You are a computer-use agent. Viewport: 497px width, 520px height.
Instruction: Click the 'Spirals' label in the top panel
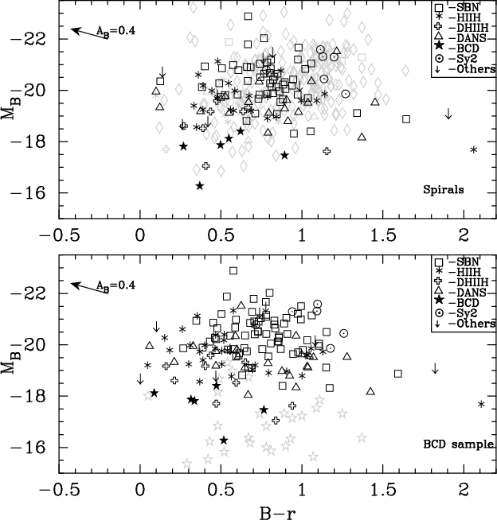[x=447, y=189]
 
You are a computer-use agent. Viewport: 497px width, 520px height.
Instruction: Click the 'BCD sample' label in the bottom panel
[x=456, y=444]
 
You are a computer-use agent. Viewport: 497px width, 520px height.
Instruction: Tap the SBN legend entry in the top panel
[x=464, y=6]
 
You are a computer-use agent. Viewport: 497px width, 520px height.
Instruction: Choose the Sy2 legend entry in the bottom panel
[x=464, y=313]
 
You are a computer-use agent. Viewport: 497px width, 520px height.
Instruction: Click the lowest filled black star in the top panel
[x=200, y=186]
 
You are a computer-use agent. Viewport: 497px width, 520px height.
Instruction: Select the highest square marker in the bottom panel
[x=233, y=270]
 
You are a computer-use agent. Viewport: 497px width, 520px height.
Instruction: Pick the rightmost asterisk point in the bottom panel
[x=481, y=405]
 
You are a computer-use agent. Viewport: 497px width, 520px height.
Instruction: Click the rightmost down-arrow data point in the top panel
[x=448, y=114]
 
